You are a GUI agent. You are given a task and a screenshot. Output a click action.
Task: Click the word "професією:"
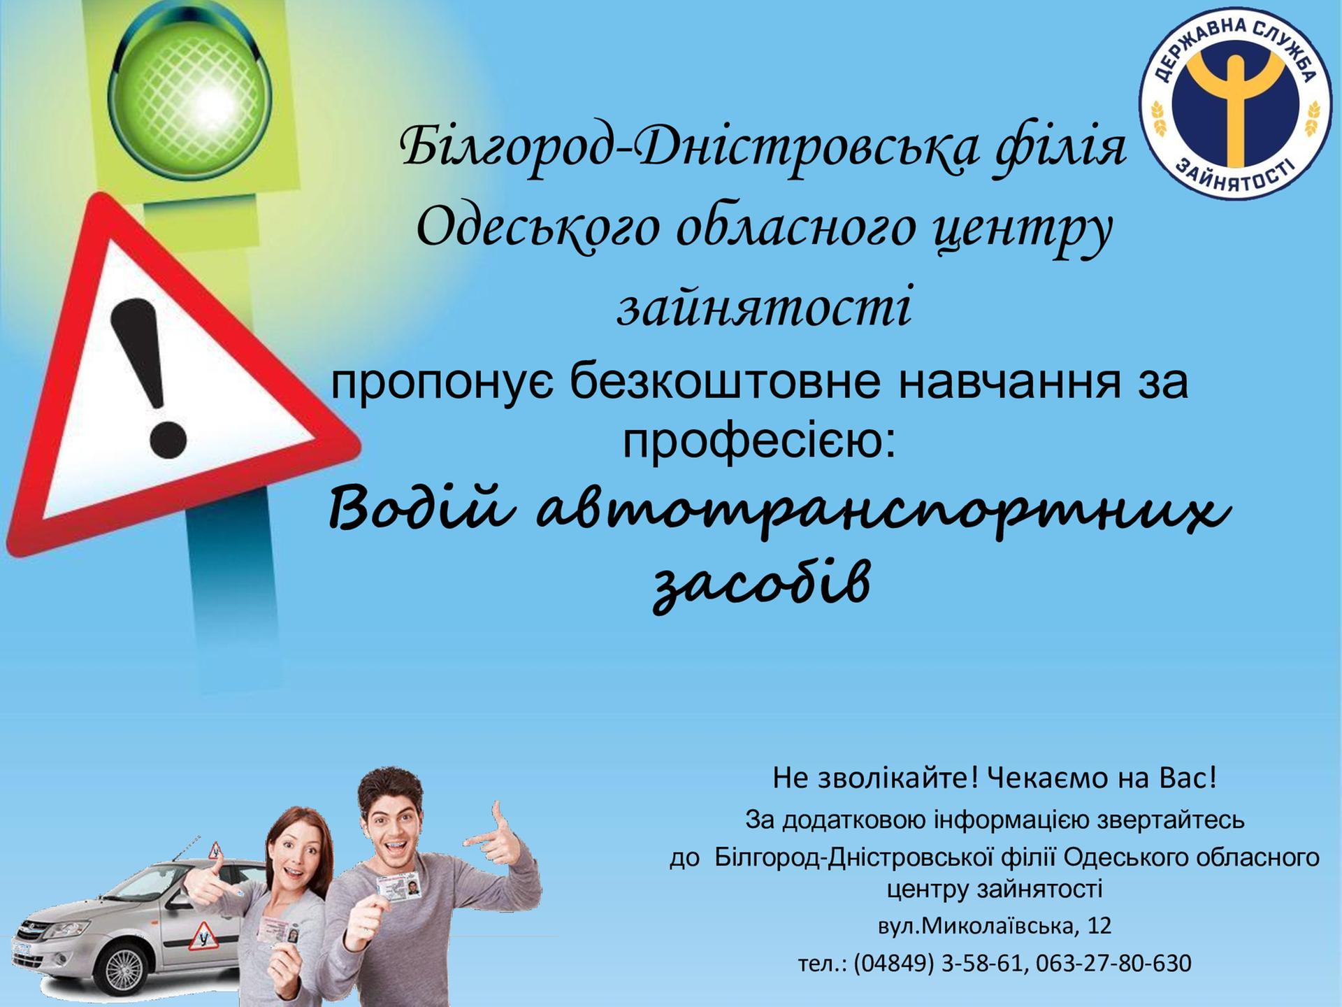click(759, 442)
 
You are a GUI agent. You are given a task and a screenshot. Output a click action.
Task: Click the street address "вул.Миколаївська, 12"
click(995, 926)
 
